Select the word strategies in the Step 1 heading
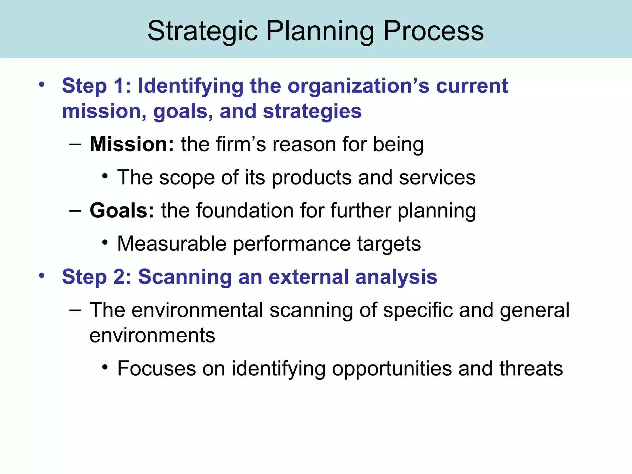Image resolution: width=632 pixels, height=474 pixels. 312,111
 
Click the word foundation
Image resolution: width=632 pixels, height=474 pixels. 245,210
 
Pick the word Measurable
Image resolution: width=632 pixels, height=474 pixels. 172,244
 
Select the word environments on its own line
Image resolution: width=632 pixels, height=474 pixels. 152,335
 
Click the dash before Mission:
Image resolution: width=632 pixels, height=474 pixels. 75,144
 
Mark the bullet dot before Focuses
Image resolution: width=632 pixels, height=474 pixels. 105,367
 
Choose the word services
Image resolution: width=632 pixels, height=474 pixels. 437,177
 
